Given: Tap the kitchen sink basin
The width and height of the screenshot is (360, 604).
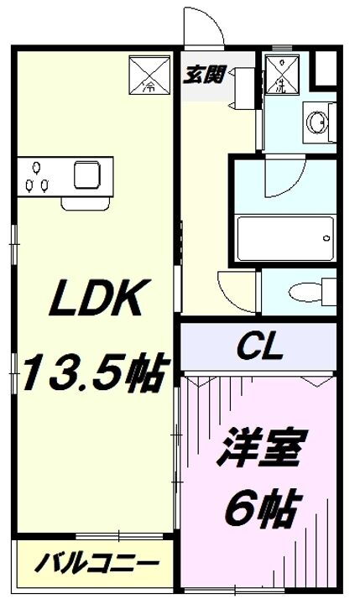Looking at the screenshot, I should coord(88,175).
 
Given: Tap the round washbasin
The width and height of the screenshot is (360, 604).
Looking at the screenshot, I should coord(317,123).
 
